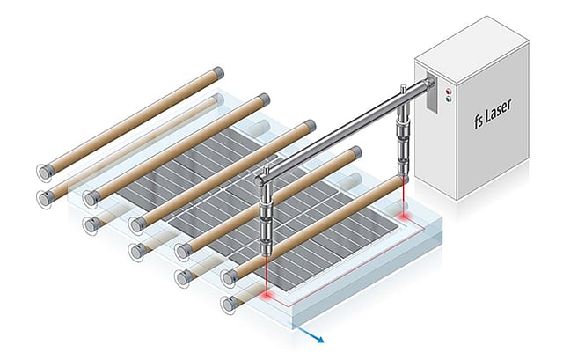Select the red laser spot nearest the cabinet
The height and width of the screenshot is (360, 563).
[x=406, y=216]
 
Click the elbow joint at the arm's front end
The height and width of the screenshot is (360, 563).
[x=264, y=179]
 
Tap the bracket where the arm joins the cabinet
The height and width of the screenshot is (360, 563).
[x=428, y=87]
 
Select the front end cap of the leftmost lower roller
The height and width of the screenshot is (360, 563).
[x=42, y=197]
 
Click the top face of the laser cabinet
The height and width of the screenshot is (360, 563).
[x=471, y=43]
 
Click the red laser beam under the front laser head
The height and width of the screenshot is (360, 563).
[x=267, y=282]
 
